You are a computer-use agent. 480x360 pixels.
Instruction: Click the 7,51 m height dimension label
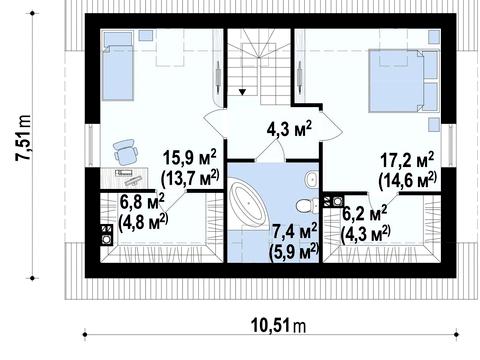click(x=23, y=138)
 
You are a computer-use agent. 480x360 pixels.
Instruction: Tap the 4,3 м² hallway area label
click(x=289, y=129)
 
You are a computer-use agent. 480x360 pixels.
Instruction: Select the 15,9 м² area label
click(x=189, y=158)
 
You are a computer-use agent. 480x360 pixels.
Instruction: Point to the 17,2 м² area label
click(x=407, y=160)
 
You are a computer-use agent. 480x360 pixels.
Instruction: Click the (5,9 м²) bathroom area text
click(x=293, y=252)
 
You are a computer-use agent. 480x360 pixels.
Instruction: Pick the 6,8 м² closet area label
click(x=142, y=202)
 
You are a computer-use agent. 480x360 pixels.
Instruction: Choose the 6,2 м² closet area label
click(x=365, y=214)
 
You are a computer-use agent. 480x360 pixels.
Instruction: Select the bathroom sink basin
click(x=311, y=180)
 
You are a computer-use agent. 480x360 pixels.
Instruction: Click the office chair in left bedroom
click(x=125, y=152)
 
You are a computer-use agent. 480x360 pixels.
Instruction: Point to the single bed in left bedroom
click(x=118, y=66)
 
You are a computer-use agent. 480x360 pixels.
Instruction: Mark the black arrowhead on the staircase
click(x=242, y=92)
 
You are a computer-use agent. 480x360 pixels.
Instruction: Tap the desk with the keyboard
click(x=124, y=178)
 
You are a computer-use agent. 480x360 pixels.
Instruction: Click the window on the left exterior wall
click(x=92, y=145)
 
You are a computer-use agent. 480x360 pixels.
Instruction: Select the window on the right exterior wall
click(x=449, y=145)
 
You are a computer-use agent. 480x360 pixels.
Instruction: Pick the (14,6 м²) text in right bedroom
click(x=408, y=180)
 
